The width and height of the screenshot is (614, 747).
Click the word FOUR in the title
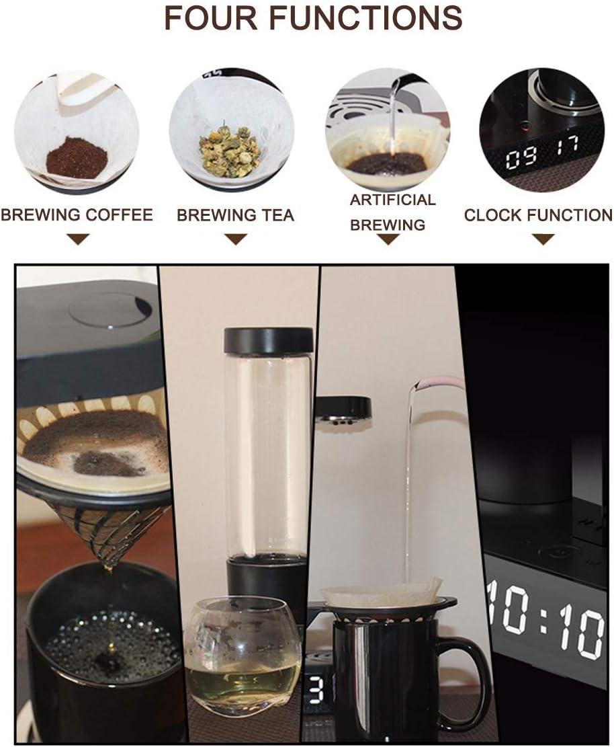pyautogui.click(x=212, y=17)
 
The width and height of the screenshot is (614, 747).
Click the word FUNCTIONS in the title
pyautogui.click(x=365, y=17)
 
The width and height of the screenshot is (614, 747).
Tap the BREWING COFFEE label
pyautogui.click(x=77, y=215)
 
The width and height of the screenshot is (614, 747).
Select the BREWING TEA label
pyautogui.click(x=236, y=215)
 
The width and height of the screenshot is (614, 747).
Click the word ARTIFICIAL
pyautogui.click(x=393, y=200)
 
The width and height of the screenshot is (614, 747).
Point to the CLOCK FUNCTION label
pyautogui.click(x=538, y=215)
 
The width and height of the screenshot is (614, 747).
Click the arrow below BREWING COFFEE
pyautogui.click(x=78, y=239)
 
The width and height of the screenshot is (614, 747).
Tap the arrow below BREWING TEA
pyautogui.click(x=236, y=239)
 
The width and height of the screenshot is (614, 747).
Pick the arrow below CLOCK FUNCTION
pyautogui.click(x=543, y=239)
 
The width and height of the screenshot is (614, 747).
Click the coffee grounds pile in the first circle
pyautogui.click(x=77, y=157)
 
